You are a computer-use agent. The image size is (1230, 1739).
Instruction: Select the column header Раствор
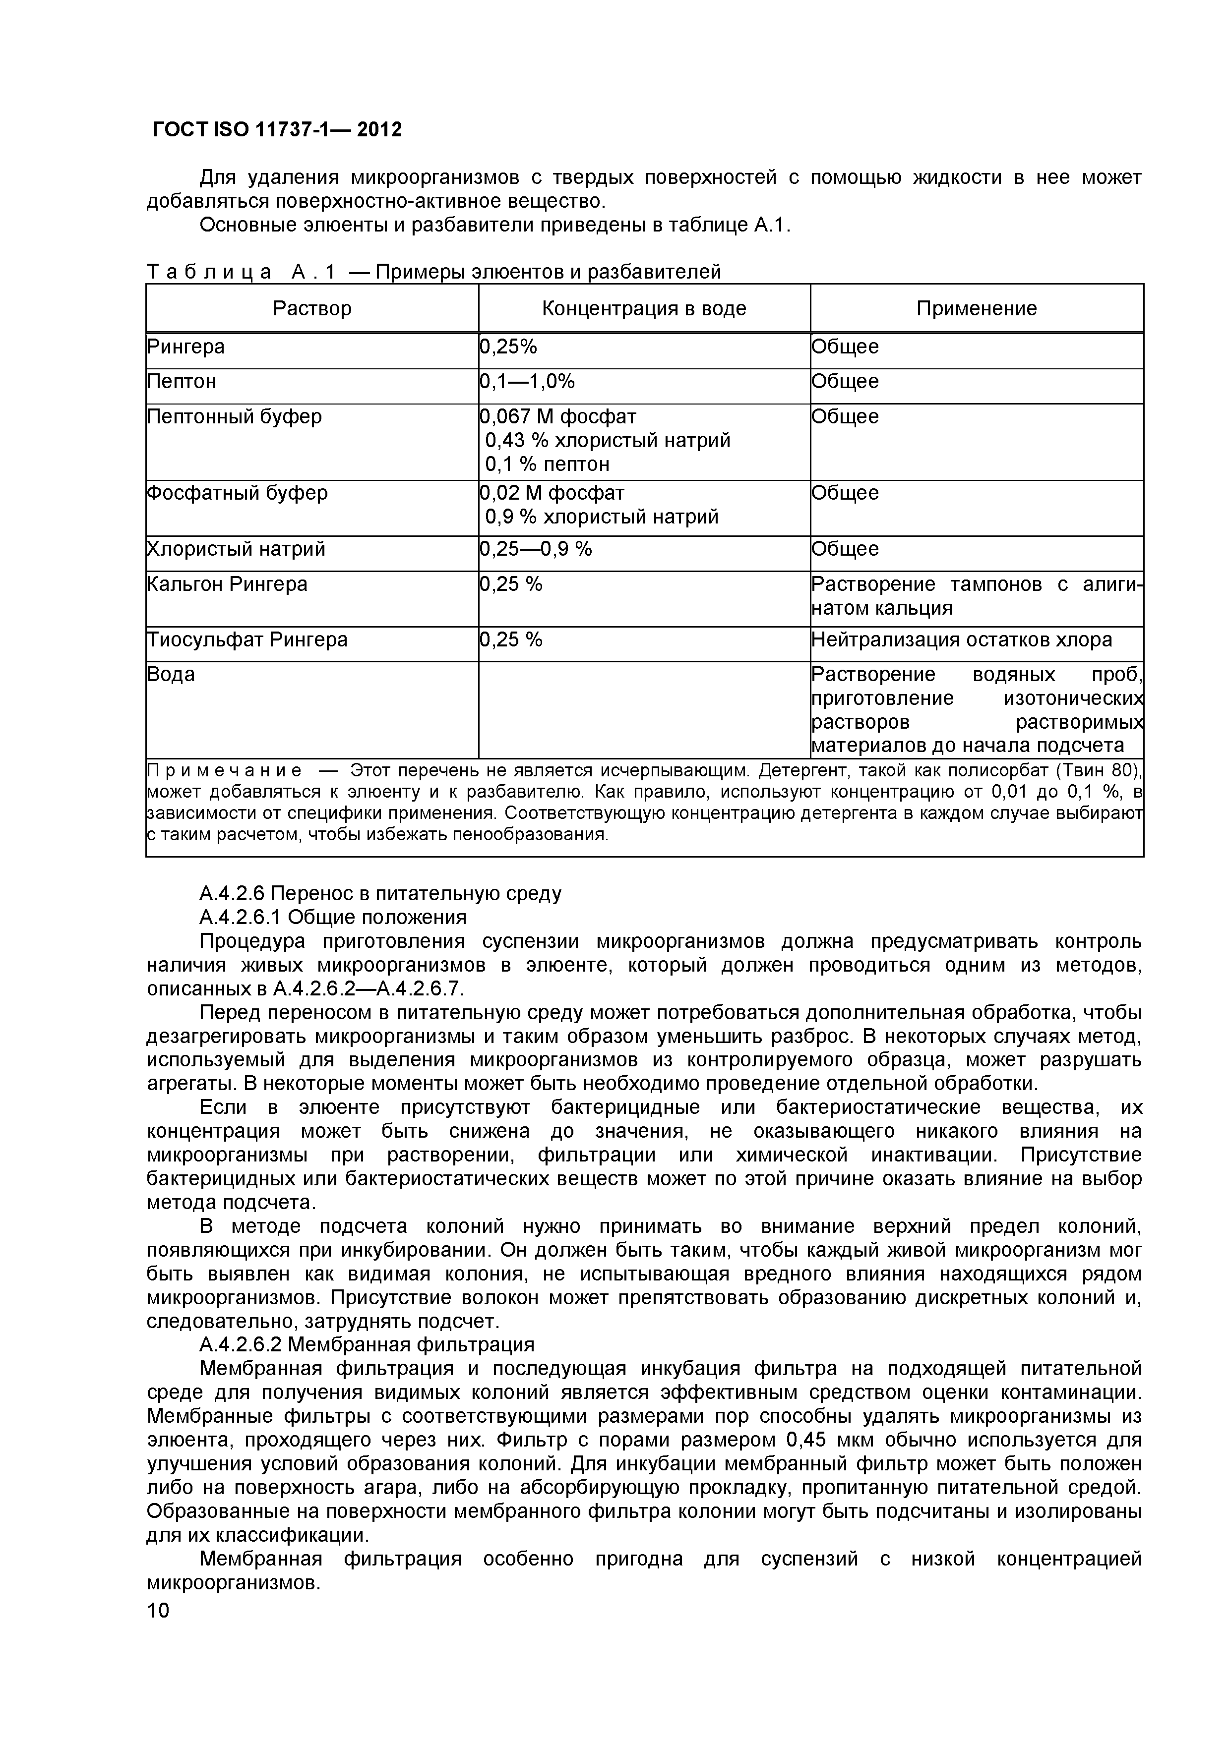click(312, 308)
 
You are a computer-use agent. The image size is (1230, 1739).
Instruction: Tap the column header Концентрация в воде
click(644, 308)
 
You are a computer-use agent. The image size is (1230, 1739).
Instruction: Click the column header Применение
click(976, 308)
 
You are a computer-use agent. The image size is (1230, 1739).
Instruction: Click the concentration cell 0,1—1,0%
click(528, 382)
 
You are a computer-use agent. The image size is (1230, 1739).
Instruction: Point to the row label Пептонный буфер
click(234, 416)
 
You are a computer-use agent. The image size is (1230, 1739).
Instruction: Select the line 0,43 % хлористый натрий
click(608, 441)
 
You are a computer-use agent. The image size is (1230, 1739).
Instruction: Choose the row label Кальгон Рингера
click(227, 584)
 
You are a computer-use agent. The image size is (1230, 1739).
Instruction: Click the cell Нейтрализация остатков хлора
click(962, 640)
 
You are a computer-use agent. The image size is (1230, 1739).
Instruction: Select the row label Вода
click(171, 675)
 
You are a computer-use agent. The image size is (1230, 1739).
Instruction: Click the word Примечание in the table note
click(224, 771)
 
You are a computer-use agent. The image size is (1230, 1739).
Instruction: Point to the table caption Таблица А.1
click(241, 271)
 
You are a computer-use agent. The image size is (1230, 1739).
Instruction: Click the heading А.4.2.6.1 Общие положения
click(333, 917)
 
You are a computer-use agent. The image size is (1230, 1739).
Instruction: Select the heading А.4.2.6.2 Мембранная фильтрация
click(367, 1344)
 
